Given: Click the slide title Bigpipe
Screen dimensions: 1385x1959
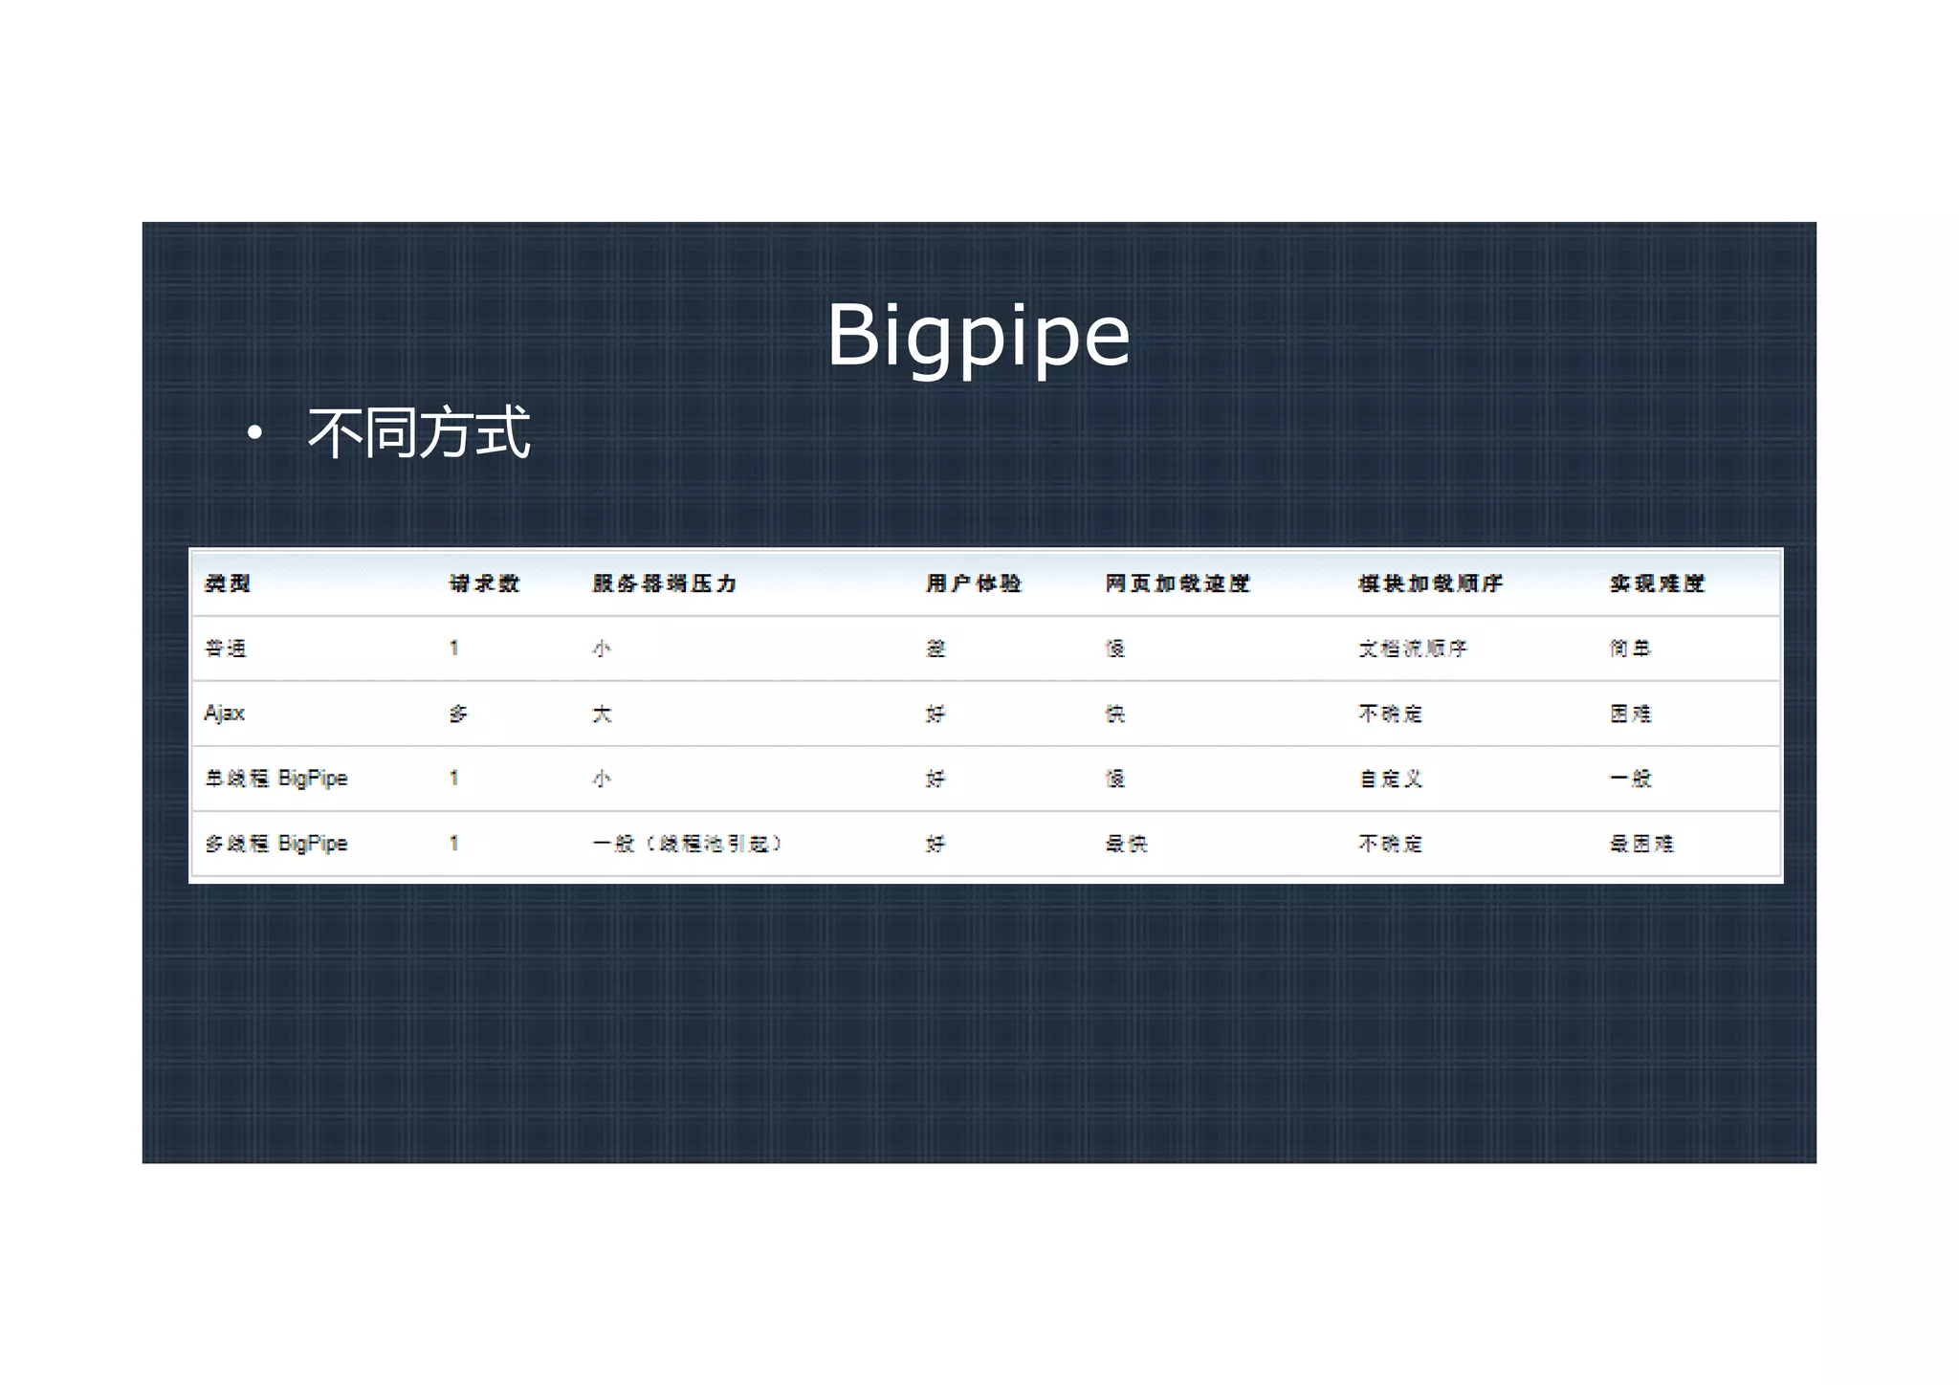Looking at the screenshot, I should coord(978,335).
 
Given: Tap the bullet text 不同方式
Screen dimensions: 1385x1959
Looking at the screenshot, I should coord(418,432).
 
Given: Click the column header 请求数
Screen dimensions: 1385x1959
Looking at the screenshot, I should coord(484,583).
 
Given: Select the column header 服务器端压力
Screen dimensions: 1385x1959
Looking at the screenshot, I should coord(664,583).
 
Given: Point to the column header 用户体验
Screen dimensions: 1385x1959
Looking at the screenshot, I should coord(973,583).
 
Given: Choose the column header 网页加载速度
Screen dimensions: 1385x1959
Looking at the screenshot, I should coord(1178,583).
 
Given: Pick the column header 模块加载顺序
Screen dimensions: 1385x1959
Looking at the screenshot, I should coord(1430,583).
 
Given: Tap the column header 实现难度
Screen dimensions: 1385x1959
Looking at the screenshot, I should coord(1657,583).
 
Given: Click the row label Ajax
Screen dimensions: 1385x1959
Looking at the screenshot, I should coord(225,714).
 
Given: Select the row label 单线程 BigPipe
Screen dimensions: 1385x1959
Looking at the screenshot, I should coord(276,779).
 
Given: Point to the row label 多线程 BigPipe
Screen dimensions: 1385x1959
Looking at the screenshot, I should coord(276,844).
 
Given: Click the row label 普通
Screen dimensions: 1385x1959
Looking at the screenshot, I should coord(226,649).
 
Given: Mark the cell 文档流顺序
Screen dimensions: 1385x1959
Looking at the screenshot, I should coord(1413,649).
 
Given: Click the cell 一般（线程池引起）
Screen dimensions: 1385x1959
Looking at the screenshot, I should coord(688,844).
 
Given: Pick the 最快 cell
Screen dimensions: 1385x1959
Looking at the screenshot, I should coord(1126,844).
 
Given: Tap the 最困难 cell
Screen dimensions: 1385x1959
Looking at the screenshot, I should coord(1641,844).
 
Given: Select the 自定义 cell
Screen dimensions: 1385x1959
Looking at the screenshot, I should coord(1391,779).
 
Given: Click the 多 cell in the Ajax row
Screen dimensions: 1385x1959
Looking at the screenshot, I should coord(458,714).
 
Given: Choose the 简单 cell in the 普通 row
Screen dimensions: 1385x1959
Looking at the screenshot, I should coord(1630,649).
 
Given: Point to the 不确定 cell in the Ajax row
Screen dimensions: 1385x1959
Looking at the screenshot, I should coord(1391,714).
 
